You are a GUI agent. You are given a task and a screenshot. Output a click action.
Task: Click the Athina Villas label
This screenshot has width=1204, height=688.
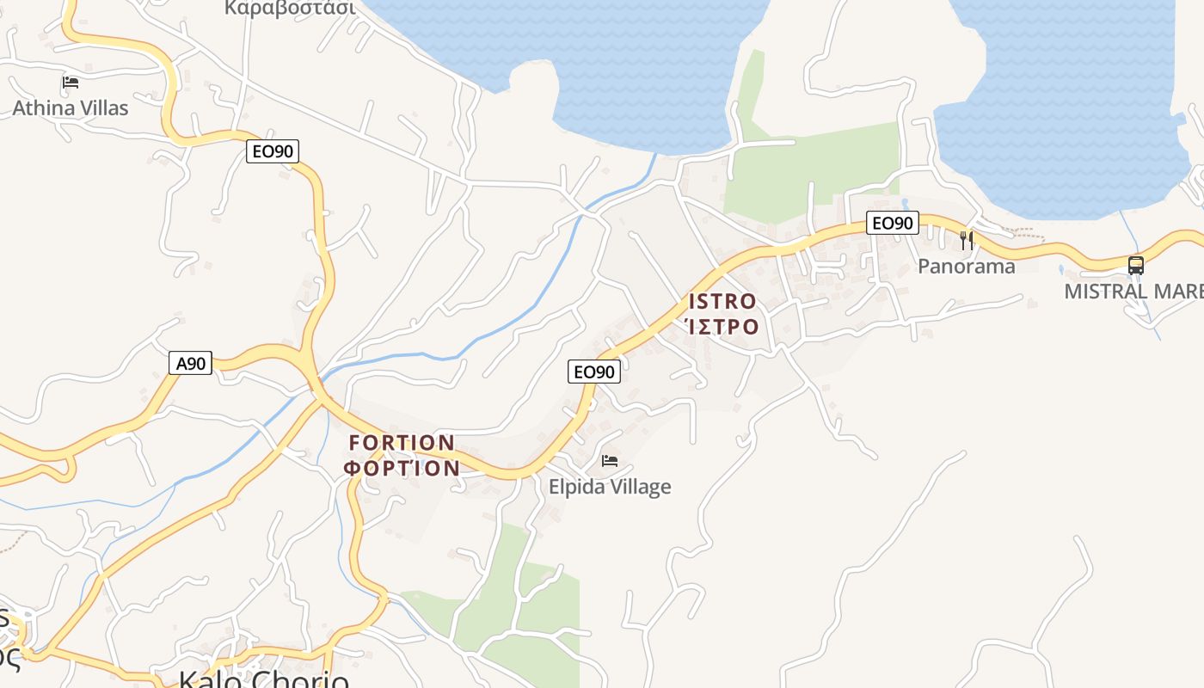pos(70,107)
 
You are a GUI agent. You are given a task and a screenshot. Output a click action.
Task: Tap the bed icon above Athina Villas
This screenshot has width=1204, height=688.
pos(71,83)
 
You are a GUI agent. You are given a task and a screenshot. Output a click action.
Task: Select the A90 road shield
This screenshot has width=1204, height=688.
pos(190,363)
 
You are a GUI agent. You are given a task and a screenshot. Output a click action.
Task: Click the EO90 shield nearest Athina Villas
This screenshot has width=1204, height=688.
pos(273,151)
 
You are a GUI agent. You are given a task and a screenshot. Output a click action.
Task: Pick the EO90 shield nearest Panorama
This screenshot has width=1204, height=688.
pos(892,223)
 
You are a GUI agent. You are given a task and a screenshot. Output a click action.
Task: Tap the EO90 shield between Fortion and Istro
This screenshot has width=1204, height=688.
pos(593,372)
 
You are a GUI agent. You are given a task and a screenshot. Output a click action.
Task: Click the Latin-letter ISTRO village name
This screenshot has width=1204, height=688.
pos(722,302)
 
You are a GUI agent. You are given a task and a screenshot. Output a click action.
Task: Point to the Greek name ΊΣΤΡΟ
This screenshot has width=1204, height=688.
pos(722,327)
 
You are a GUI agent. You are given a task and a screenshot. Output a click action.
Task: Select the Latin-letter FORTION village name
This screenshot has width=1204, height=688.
pos(402,443)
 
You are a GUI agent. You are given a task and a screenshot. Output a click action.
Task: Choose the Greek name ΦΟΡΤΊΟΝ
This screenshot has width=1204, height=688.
pos(402,469)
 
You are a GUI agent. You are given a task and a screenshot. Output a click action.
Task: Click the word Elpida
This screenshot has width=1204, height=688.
pos(577,487)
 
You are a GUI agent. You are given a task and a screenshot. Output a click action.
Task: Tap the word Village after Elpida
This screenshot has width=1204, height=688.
pos(640,487)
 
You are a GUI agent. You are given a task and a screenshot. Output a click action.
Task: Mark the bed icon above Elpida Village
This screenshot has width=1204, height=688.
pos(610,461)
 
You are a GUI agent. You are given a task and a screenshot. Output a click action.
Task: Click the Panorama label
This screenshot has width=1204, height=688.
pos(966,266)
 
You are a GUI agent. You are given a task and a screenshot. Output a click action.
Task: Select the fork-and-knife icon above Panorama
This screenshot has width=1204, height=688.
pos(967,241)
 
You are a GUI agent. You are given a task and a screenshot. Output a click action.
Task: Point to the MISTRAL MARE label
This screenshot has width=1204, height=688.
pos(1133,291)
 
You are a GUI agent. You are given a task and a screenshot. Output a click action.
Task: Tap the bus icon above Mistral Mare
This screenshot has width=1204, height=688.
pos(1136,265)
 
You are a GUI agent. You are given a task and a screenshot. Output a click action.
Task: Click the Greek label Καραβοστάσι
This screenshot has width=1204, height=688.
pos(290,8)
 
